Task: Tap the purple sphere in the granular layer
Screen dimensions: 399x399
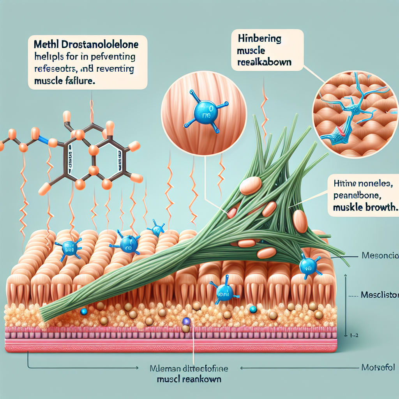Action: [x=187, y=321]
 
